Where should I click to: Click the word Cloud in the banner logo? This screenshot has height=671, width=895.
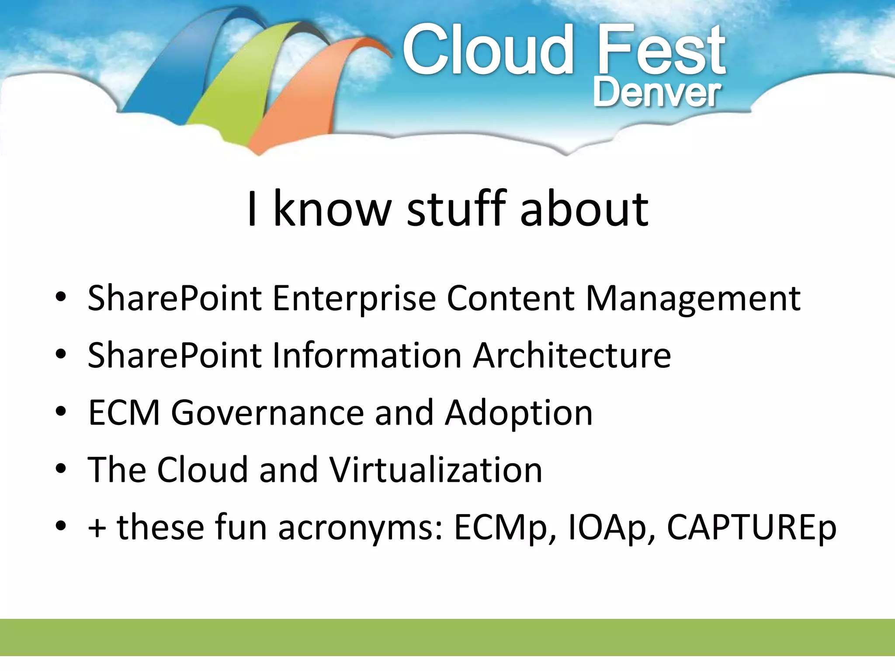pos(487,50)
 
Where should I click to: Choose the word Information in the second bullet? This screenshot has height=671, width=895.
pos(367,356)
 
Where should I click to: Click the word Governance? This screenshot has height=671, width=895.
pos(267,413)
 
